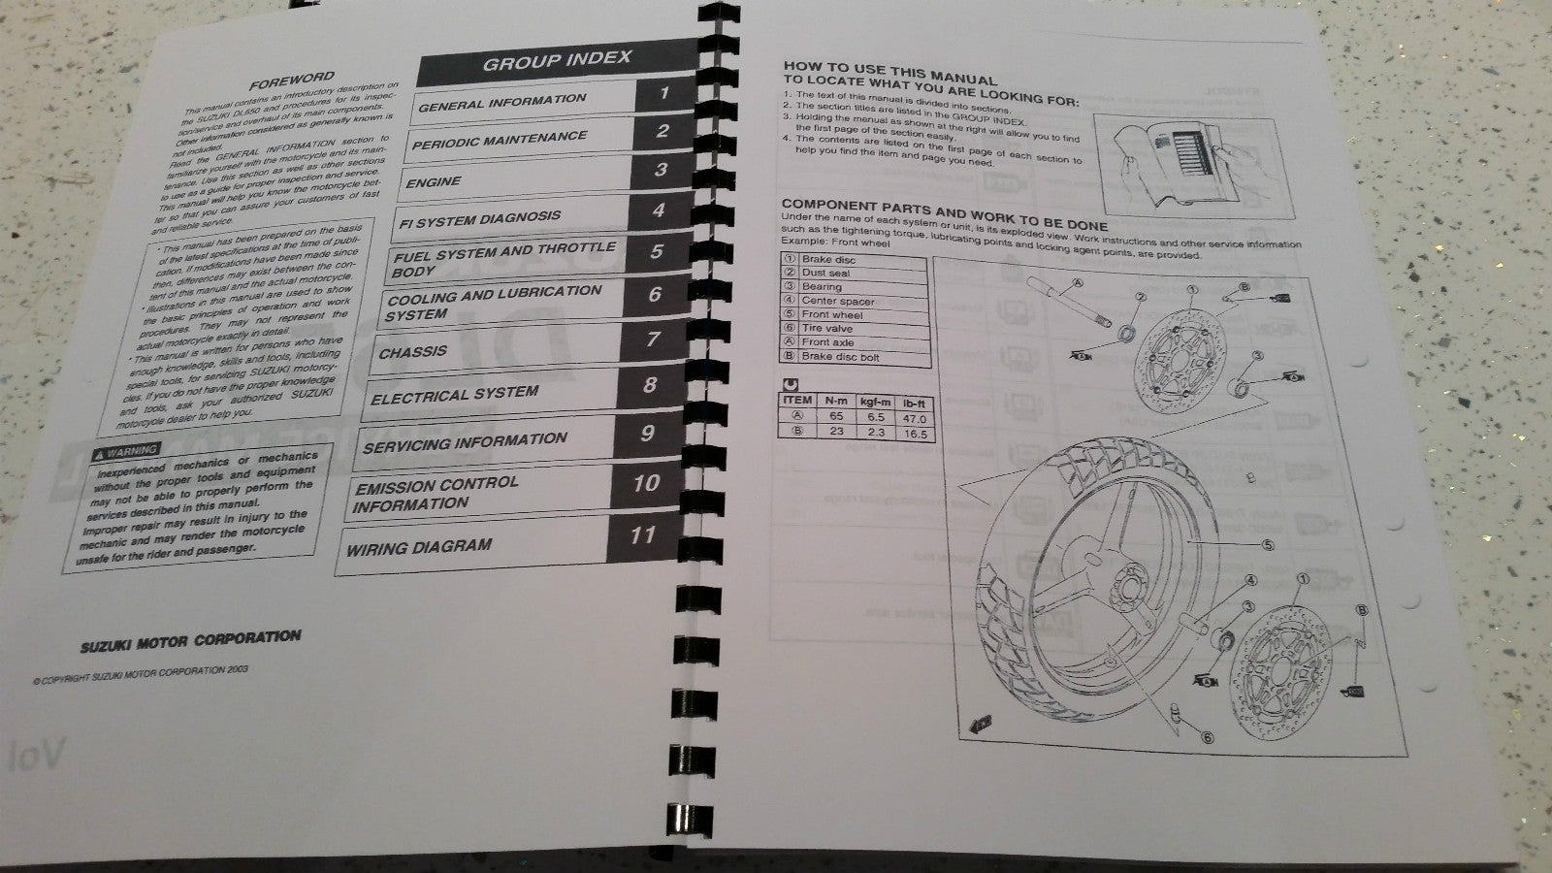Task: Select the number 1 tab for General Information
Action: [x=664, y=93]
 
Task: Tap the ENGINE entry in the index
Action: [x=434, y=182]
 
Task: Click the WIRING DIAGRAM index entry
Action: [x=419, y=547]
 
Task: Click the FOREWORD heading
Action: [x=291, y=80]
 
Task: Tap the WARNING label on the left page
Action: [x=126, y=450]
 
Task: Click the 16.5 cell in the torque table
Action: [x=916, y=434]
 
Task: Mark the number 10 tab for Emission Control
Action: [x=645, y=483]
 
